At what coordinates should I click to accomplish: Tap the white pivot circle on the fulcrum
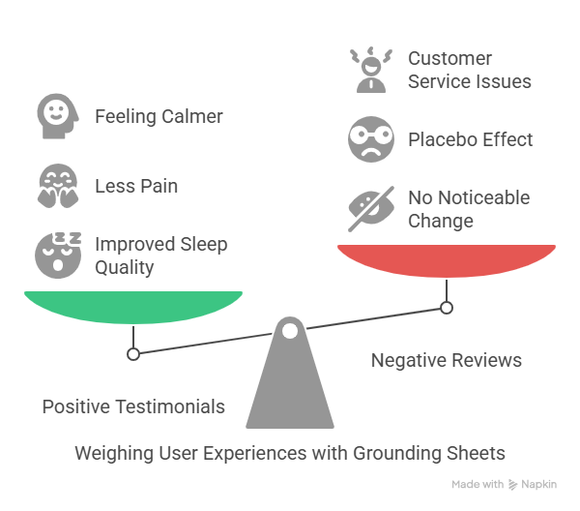tap(289, 331)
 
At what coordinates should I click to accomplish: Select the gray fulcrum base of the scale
tap(290, 387)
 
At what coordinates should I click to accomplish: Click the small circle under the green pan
tap(133, 354)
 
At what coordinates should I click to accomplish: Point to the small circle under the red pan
tap(447, 308)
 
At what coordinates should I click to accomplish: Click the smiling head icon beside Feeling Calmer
tap(57, 116)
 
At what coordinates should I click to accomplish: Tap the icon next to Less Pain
tap(57, 186)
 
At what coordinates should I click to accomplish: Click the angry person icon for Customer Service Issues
tap(370, 70)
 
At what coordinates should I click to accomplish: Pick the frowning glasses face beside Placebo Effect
tap(370, 139)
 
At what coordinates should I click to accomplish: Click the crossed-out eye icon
tap(370, 208)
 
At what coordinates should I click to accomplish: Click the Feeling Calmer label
tap(159, 117)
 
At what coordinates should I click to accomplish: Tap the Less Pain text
tap(136, 186)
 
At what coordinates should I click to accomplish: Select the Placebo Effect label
tap(471, 139)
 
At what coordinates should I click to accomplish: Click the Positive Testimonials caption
tap(133, 406)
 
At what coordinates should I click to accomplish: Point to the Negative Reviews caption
tap(447, 360)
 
